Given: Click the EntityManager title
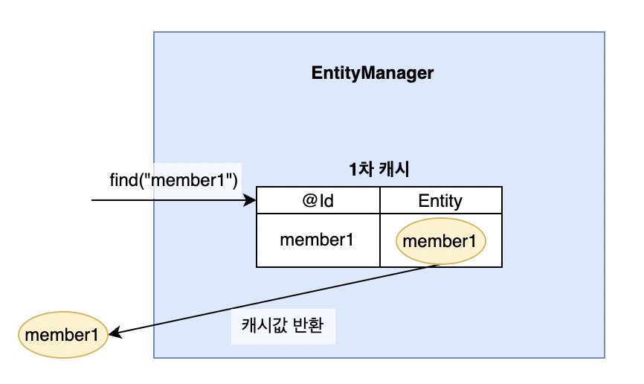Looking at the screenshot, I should (x=372, y=74).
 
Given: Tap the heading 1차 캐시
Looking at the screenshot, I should (x=379, y=170).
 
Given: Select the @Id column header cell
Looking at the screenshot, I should (x=318, y=200).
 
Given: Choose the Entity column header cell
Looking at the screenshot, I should (x=440, y=200).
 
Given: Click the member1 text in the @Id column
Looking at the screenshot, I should (x=316, y=240).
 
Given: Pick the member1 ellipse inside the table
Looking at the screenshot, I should (x=440, y=241).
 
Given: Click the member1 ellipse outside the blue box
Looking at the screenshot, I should (x=62, y=334).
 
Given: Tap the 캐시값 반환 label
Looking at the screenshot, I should (x=283, y=327).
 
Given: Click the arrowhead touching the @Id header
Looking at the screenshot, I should (x=251, y=201).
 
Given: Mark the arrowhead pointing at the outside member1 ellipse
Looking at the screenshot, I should (x=115, y=335).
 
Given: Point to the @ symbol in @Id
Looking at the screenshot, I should (x=308, y=200).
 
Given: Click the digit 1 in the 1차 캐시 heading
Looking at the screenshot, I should (x=353, y=170).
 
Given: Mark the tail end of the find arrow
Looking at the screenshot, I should (x=93, y=201).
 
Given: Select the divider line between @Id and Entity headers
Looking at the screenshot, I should (x=380, y=200).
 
